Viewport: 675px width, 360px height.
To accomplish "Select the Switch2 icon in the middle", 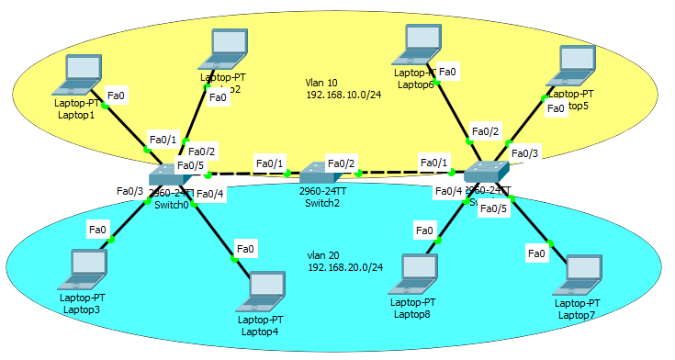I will (318, 173).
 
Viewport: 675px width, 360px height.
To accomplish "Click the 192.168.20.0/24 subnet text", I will (345, 266).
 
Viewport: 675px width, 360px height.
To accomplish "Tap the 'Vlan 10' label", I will (321, 82).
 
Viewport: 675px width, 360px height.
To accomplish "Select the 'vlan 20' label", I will (324, 254).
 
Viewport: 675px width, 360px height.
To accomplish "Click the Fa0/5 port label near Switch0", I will (191, 165).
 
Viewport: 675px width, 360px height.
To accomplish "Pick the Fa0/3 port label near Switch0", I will (129, 191).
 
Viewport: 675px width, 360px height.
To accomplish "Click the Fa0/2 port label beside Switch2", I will (341, 163).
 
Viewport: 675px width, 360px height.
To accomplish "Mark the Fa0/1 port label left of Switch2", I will (269, 163).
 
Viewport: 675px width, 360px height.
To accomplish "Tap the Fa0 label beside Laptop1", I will (117, 95).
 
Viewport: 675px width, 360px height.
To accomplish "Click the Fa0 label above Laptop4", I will (245, 248).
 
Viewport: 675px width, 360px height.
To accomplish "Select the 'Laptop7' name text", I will (576, 315).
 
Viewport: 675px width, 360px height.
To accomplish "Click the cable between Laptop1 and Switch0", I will (127, 128).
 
